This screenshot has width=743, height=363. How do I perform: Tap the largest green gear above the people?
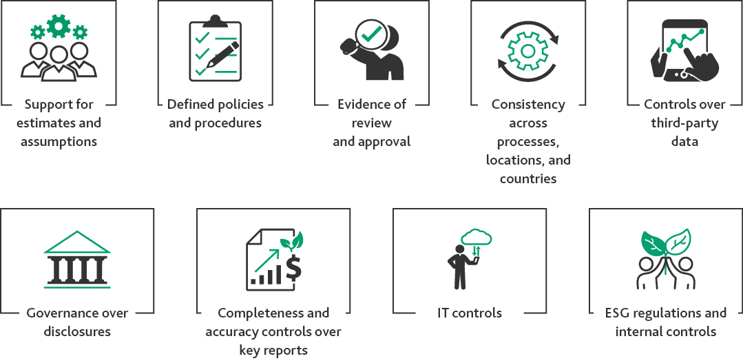(59, 25)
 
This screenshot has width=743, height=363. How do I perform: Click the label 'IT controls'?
(470, 313)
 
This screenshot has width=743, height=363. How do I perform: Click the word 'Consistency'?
(528, 105)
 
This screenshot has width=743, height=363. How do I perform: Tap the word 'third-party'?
(684, 123)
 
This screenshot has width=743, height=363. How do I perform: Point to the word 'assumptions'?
(59, 142)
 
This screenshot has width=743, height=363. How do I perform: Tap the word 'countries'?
(528, 179)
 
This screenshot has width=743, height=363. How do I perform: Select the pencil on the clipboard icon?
(224, 56)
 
